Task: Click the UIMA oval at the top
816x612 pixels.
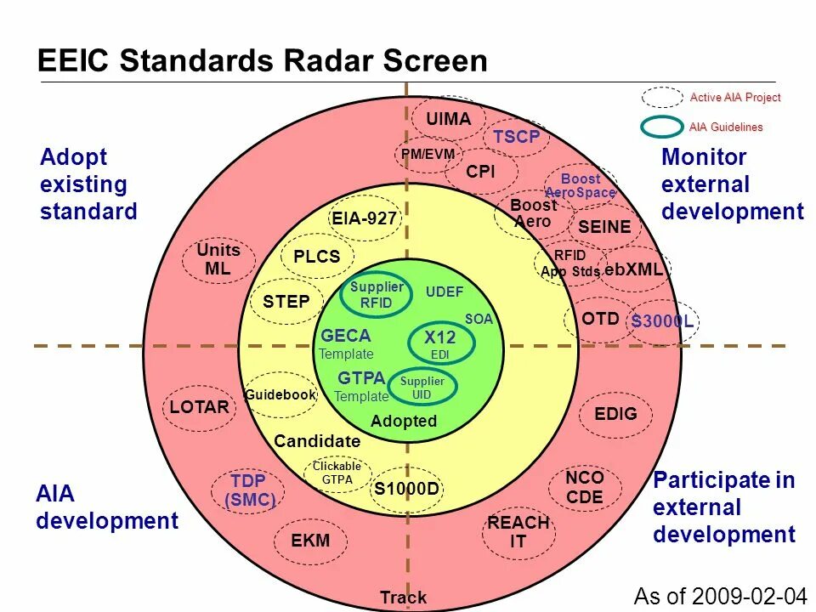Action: click(448, 120)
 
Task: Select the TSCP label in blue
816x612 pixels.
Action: click(517, 137)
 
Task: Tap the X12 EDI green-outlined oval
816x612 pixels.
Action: click(440, 343)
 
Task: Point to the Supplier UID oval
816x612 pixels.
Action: click(422, 388)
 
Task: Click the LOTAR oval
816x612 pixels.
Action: click(200, 407)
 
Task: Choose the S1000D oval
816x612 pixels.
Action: click(406, 489)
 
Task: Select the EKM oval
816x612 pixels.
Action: click(310, 541)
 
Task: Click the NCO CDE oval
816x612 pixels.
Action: click(585, 487)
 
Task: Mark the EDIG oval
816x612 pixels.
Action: click(615, 413)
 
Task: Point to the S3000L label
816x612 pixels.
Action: click(662, 322)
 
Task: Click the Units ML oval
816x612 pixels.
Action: click(218, 260)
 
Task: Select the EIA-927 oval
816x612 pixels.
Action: click(364, 219)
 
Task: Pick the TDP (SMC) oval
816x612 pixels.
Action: click(248, 490)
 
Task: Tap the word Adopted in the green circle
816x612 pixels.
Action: click(404, 421)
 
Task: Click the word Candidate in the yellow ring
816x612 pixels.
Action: click(317, 441)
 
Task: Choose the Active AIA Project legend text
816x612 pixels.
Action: click(734, 98)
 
